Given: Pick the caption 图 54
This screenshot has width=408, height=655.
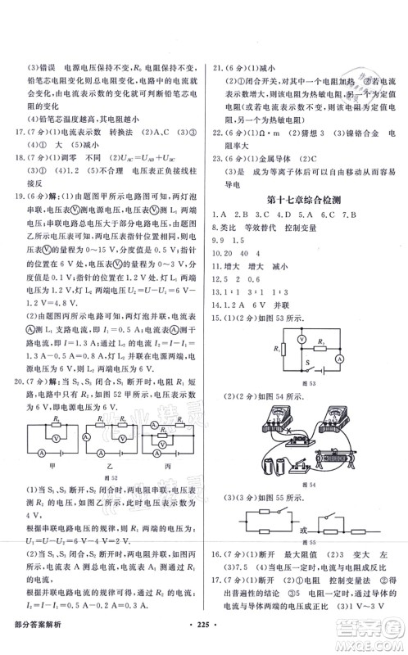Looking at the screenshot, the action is click(x=309, y=486).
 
